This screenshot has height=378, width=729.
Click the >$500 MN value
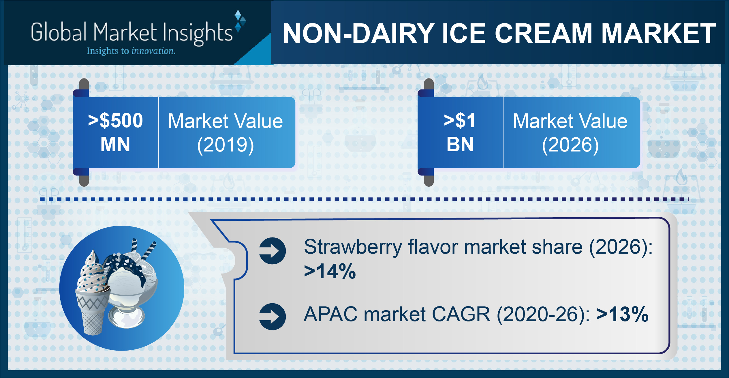[115, 132]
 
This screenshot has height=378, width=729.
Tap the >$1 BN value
[460, 132]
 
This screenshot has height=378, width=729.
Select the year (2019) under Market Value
[226, 145]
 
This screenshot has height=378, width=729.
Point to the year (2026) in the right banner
[570, 145]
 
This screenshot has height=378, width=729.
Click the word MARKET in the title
[659, 33]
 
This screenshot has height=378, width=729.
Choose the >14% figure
[330, 271]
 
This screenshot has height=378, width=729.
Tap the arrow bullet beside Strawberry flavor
[273, 251]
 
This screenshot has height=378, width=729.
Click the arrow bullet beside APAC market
[273, 317]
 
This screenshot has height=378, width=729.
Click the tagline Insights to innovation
[131, 51]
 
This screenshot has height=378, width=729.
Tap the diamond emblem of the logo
[240, 21]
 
